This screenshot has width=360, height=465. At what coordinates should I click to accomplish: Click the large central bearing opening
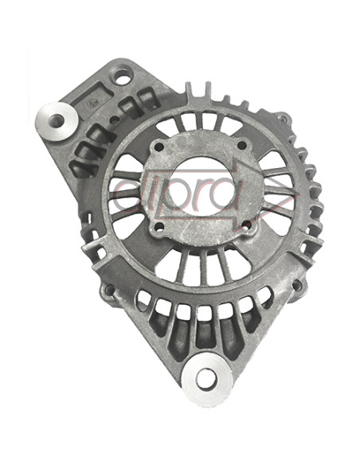pos(202,186)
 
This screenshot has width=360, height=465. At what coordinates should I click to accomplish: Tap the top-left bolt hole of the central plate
pos(159,147)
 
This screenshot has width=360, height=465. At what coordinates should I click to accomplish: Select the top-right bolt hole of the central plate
pos(242,145)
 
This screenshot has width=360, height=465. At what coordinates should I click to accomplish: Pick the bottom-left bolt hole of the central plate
pos(159,227)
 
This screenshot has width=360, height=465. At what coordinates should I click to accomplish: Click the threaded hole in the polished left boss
pos(57,120)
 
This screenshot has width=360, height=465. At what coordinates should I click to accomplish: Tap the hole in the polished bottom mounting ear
pos(206,380)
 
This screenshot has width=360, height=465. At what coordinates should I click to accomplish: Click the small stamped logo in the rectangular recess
pos(93,104)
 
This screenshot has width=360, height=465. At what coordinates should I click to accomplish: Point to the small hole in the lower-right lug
pos(296,285)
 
